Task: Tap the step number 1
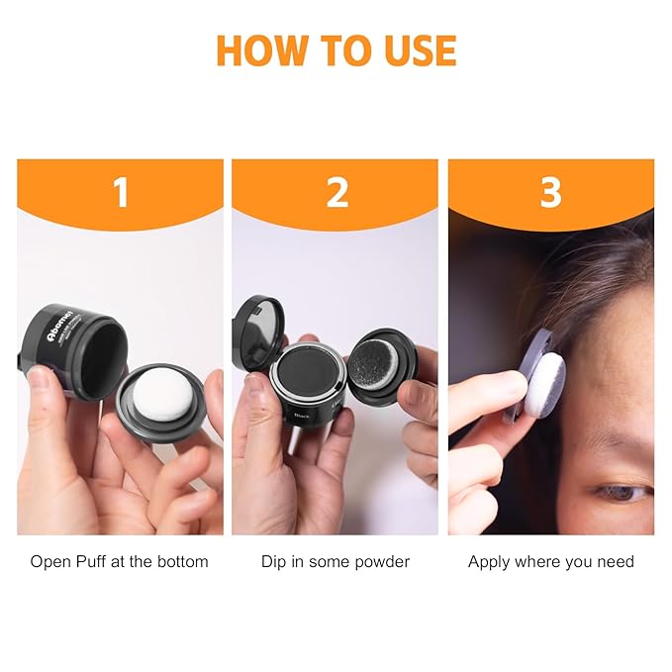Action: pos(121,192)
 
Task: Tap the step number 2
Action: pos(336,192)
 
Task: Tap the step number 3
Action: pos(551,192)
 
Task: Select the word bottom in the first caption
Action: pos(184,562)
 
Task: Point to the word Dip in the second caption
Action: pos(274,562)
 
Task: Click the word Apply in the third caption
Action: pos(488,562)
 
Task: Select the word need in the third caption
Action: pos(615,562)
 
